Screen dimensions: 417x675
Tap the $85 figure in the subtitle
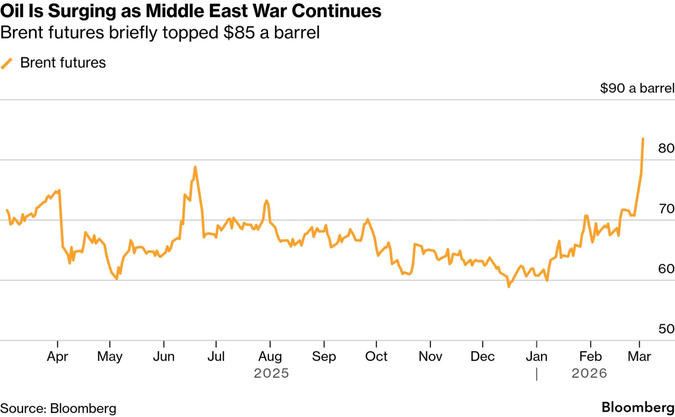[x=239, y=33]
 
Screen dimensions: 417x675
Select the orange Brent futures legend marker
[x=7, y=63]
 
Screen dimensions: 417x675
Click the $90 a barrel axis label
[x=637, y=88]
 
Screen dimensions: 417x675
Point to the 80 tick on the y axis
[x=666, y=148]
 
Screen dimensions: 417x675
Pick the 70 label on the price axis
[x=666, y=208]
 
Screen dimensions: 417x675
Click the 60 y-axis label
[x=666, y=269]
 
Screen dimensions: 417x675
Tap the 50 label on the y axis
[x=666, y=329]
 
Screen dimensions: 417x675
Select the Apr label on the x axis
[x=57, y=356]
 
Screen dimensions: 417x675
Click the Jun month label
[x=164, y=356]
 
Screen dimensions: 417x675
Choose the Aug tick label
[x=270, y=356]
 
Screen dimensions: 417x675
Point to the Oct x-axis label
[x=376, y=356]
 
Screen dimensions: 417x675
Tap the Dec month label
[x=482, y=356]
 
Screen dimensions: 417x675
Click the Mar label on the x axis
[x=639, y=356]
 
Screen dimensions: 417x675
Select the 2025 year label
[x=271, y=373]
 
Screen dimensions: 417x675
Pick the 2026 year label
[x=589, y=373]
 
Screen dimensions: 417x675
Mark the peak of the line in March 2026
[x=643, y=139]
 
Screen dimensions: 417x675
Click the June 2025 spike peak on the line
[x=195, y=167]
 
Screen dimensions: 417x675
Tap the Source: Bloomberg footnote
[x=58, y=408]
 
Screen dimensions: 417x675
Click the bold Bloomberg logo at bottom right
[x=638, y=407]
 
